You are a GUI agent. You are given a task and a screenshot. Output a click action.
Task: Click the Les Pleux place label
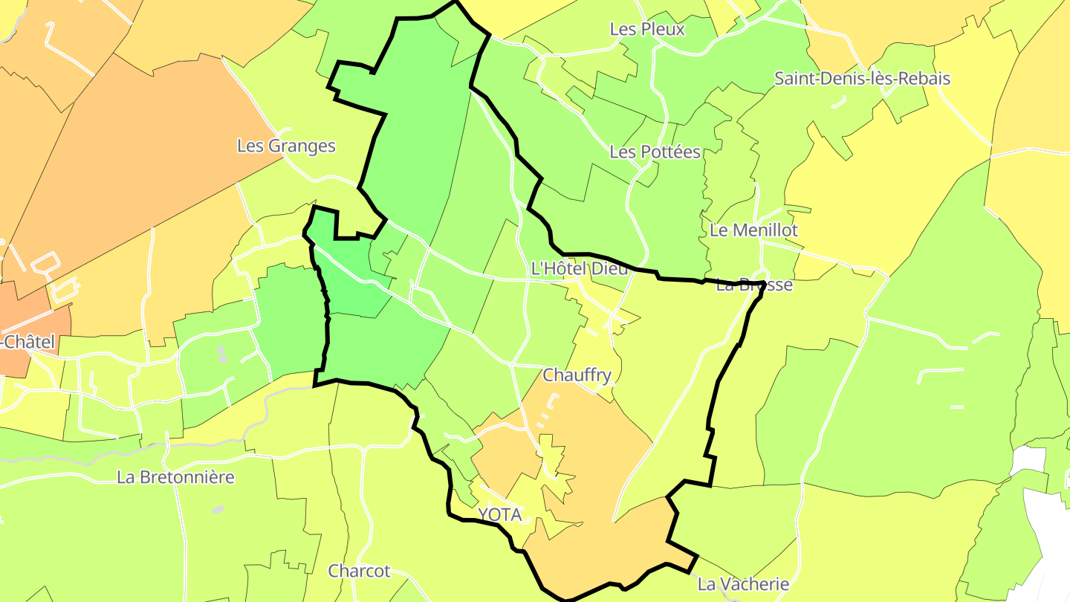pos(646,29)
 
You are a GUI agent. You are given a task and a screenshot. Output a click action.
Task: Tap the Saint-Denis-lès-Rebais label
pos(862,78)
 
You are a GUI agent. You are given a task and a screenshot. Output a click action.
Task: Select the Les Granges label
pos(286,146)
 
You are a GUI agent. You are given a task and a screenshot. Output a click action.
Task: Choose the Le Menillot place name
pos(753,230)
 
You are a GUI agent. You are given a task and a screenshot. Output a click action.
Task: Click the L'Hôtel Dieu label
pos(580,268)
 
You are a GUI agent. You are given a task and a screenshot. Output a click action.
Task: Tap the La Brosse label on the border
pos(754,285)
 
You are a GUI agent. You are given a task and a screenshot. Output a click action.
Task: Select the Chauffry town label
pos(577,375)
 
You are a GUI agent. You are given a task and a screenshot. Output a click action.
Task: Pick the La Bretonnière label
pos(175,477)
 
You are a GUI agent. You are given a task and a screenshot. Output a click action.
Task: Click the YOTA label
pos(499,514)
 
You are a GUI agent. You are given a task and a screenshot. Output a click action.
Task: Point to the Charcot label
pos(359,571)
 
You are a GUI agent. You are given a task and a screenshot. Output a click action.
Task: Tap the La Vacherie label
pos(743,583)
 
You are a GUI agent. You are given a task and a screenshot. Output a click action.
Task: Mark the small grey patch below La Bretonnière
pos(218,510)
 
